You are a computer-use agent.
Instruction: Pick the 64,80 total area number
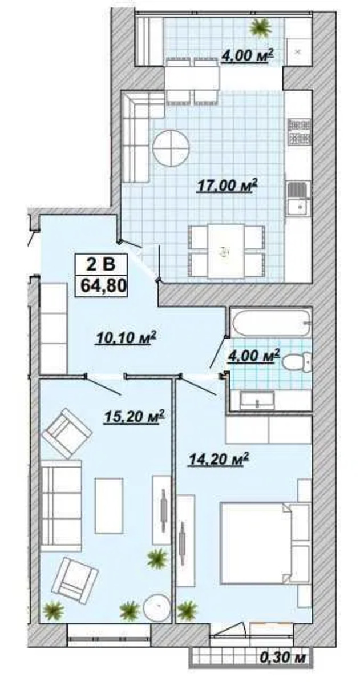(102, 286)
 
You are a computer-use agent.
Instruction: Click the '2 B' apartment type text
(100, 263)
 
